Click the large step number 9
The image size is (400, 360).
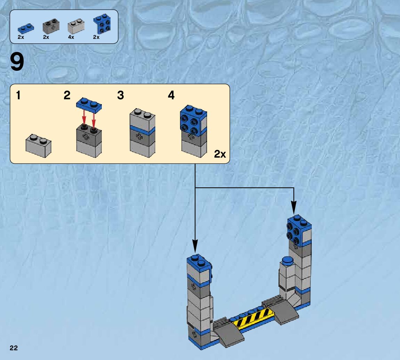coord(17,62)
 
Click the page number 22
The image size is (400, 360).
coord(14,348)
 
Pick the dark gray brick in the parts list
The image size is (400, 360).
coord(51,26)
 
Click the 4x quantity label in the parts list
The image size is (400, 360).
coord(71,37)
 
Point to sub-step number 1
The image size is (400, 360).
coord(18,95)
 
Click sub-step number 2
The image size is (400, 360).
coord(67,95)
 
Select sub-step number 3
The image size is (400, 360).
coord(120,95)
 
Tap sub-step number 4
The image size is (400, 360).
coord(171,95)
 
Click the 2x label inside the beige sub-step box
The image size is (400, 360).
coord(220,154)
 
